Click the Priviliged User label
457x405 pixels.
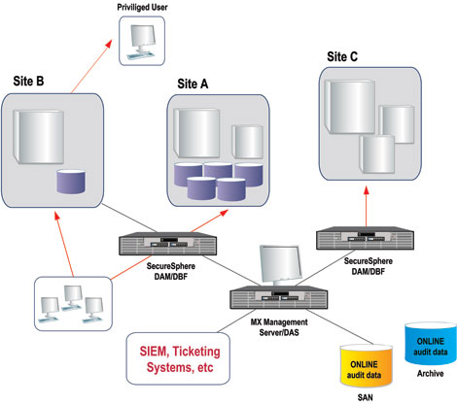coord(142,7)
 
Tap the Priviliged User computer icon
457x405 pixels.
coord(142,41)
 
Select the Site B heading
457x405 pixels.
coord(28,81)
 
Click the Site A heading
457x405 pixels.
coord(193,84)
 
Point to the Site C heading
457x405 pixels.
coord(342,56)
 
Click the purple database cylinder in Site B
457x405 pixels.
coord(71,182)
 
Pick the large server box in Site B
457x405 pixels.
coord(38,137)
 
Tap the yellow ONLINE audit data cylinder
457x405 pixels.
coord(366,366)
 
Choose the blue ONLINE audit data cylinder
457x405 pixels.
coord(431,343)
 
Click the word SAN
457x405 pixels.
coord(366,397)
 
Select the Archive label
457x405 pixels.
coord(431,374)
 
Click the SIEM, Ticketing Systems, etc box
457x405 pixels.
coord(178,358)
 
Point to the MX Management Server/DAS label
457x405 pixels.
coord(279,327)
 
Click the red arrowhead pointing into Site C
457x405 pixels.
coord(367,190)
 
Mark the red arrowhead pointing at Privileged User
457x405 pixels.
coord(109,44)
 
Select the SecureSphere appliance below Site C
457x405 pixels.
coord(365,238)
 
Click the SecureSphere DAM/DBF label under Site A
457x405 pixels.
coord(171,271)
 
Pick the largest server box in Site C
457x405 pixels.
coord(350,107)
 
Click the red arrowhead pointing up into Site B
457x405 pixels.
coord(57,216)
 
